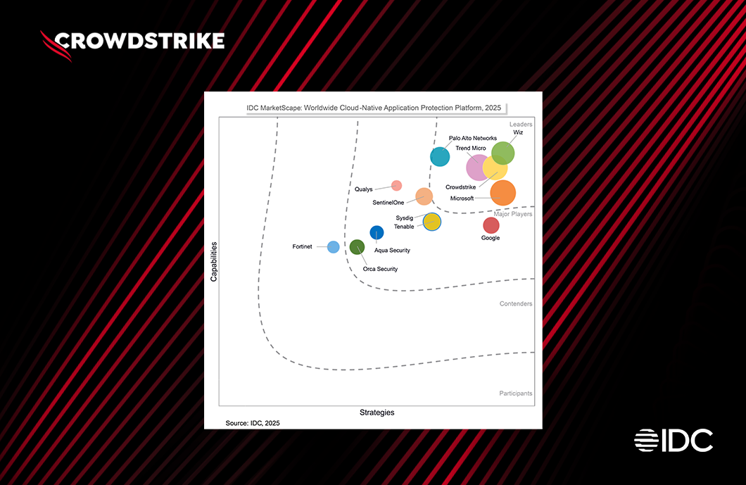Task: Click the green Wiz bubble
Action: [x=502, y=153]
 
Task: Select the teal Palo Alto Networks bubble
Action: [x=440, y=156]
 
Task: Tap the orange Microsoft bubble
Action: [x=502, y=192]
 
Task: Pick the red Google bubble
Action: [x=491, y=225]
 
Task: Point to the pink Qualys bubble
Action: [x=396, y=186]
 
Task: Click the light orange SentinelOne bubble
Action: [x=424, y=196]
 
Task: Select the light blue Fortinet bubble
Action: [x=334, y=246]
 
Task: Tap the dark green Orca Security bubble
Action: [x=358, y=247]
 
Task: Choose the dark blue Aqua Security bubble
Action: [x=377, y=232]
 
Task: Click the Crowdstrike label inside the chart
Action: [x=461, y=187]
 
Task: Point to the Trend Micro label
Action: [x=471, y=149]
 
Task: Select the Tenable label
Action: [x=404, y=227]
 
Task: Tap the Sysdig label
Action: [x=405, y=218]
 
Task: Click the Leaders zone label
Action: [x=521, y=124]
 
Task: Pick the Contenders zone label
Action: [x=516, y=304]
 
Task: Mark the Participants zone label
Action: [x=515, y=393]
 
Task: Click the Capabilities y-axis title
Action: [x=214, y=262]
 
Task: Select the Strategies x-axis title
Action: [x=377, y=412]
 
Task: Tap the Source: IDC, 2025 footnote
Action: [x=252, y=423]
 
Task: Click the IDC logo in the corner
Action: [x=674, y=440]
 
